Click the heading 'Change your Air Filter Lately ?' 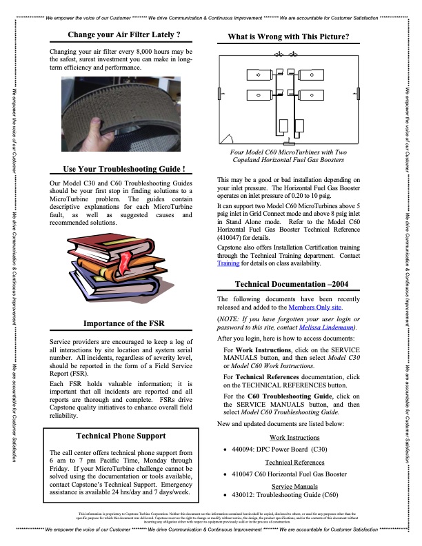coord(124,34)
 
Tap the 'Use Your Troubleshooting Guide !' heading coord(124,169)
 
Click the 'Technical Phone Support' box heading coord(124,436)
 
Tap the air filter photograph coord(124,118)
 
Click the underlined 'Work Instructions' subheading coord(294,438)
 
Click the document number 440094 coord(245,449)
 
